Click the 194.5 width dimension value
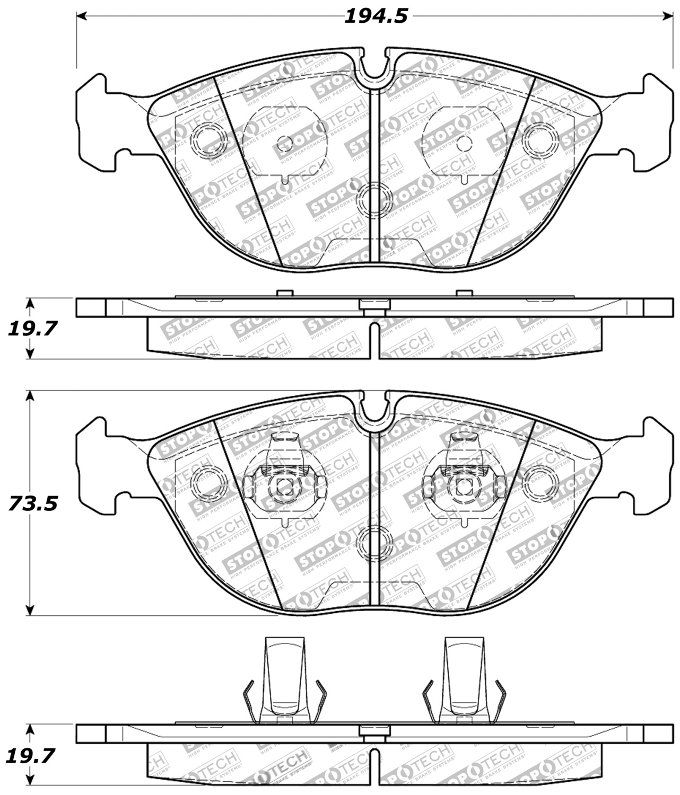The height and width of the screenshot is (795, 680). point(376,16)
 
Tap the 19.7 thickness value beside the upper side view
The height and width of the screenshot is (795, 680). point(32,329)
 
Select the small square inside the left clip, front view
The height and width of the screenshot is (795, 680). point(285,486)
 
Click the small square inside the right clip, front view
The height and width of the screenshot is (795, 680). point(465,486)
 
